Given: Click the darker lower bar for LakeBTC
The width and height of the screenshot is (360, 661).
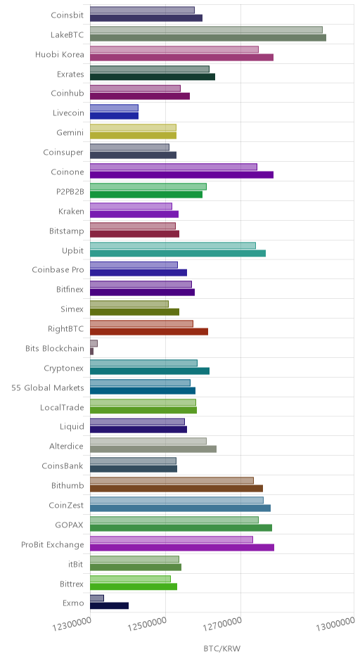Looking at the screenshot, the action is pyautogui.click(x=208, y=38).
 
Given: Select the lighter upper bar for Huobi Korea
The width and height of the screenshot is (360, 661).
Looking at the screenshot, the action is pyautogui.click(x=174, y=50).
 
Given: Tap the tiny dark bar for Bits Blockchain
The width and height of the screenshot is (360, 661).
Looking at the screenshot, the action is pyautogui.click(x=91, y=352).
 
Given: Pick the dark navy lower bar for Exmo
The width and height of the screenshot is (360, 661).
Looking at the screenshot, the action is pyautogui.click(x=109, y=605).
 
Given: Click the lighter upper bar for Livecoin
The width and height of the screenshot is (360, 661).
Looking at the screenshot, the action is pyautogui.click(x=114, y=108).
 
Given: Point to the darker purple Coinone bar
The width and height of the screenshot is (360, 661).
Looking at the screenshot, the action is pyautogui.click(x=181, y=175).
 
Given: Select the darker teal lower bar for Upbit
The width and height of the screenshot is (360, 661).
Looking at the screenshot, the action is pyautogui.click(x=178, y=253).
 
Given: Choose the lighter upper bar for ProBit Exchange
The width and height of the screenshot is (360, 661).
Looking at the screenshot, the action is pyautogui.click(x=172, y=539).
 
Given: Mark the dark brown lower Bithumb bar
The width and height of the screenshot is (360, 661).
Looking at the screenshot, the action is pyautogui.click(x=176, y=489).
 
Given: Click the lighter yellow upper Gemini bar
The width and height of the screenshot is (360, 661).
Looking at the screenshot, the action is pyautogui.click(x=133, y=128).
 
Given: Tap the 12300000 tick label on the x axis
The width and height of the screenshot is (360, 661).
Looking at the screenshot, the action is pyautogui.click(x=72, y=624).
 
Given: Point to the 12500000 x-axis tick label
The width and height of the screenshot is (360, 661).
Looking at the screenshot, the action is pyautogui.click(x=148, y=624).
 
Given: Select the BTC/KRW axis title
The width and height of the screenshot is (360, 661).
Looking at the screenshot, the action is pyautogui.click(x=221, y=648).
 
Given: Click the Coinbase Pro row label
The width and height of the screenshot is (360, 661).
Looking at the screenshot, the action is pyautogui.click(x=58, y=270).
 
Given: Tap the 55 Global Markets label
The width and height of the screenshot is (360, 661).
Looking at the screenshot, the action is pyautogui.click(x=48, y=388).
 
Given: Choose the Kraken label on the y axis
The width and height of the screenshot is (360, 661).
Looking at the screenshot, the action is pyautogui.click(x=71, y=211).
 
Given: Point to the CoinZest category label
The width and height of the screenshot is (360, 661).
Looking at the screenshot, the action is pyautogui.click(x=66, y=506).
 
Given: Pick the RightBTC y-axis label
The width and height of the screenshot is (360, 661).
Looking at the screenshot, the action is pyautogui.click(x=66, y=329).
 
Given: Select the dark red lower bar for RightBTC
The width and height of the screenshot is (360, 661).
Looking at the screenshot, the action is pyautogui.click(x=149, y=332).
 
